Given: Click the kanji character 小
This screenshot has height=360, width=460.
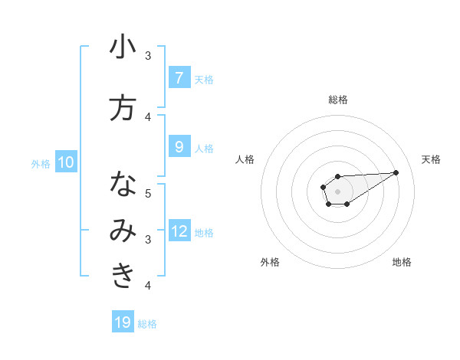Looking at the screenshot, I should click(x=123, y=47).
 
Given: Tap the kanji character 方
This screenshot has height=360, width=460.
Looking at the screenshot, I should click(x=123, y=108).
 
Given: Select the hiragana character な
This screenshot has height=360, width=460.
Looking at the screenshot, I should click(x=123, y=185).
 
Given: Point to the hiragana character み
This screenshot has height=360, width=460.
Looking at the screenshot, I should click(x=123, y=231).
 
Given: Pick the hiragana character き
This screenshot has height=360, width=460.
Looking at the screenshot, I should click(x=123, y=277).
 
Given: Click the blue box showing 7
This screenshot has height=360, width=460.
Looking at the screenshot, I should click(x=179, y=77).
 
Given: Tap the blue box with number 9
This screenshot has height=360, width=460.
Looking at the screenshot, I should click(x=179, y=147).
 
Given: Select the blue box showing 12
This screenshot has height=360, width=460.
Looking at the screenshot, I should click(x=179, y=231).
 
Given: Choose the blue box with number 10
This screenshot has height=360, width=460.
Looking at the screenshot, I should click(x=66, y=162).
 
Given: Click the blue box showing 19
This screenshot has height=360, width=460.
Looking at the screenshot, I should click(x=123, y=322).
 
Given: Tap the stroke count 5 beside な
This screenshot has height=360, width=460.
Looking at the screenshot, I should click(x=148, y=194).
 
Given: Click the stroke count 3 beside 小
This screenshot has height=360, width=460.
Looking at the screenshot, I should click(x=148, y=56).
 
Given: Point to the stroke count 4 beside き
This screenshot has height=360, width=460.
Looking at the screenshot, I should click(x=148, y=286).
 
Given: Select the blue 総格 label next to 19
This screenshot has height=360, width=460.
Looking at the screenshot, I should click(x=147, y=324).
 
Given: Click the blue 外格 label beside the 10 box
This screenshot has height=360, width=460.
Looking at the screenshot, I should click(x=40, y=163).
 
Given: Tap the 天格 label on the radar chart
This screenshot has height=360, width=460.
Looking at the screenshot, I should click(x=432, y=159).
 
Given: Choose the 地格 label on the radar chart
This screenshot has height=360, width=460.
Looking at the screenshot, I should click(x=402, y=262).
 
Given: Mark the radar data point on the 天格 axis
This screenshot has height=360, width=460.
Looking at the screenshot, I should click(x=396, y=172).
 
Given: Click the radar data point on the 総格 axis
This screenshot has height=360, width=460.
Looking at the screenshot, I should click(x=338, y=177).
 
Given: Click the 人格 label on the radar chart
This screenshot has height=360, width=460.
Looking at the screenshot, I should click(x=245, y=159).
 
